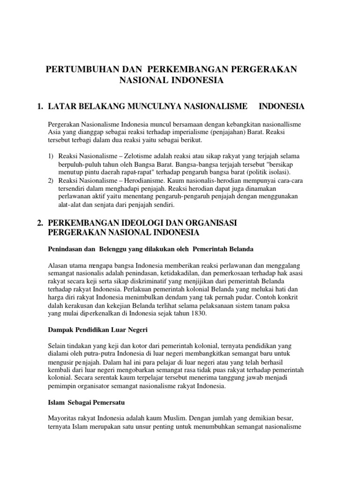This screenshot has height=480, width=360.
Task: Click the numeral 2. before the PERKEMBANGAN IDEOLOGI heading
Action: [40, 223]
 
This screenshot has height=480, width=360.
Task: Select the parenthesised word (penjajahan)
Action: [225, 132]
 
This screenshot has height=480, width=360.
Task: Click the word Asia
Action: [54, 132]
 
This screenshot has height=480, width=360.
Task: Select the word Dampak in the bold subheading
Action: [60, 330]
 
